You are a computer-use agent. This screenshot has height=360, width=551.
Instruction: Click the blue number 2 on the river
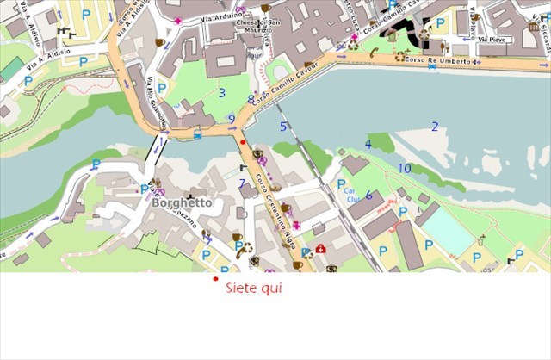[435, 127]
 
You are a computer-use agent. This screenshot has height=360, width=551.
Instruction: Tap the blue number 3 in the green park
[221, 93]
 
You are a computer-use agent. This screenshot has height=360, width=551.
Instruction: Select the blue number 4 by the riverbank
[368, 145]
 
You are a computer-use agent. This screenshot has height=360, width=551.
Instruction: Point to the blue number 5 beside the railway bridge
[282, 127]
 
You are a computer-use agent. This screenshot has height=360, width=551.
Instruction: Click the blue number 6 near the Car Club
[368, 196]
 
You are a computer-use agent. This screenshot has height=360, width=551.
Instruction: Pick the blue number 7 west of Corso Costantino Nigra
[242, 183]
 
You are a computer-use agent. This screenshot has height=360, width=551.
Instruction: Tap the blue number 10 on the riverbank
[405, 168]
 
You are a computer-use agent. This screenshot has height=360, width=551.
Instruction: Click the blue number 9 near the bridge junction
[231, 119]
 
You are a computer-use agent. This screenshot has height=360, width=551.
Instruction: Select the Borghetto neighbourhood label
[182, 204]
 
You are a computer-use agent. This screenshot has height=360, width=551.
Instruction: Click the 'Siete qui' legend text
[253, 289]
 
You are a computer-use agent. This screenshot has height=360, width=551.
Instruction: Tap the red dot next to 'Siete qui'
[215, 279]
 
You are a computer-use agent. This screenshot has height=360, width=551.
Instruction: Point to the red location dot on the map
[243, 142]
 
